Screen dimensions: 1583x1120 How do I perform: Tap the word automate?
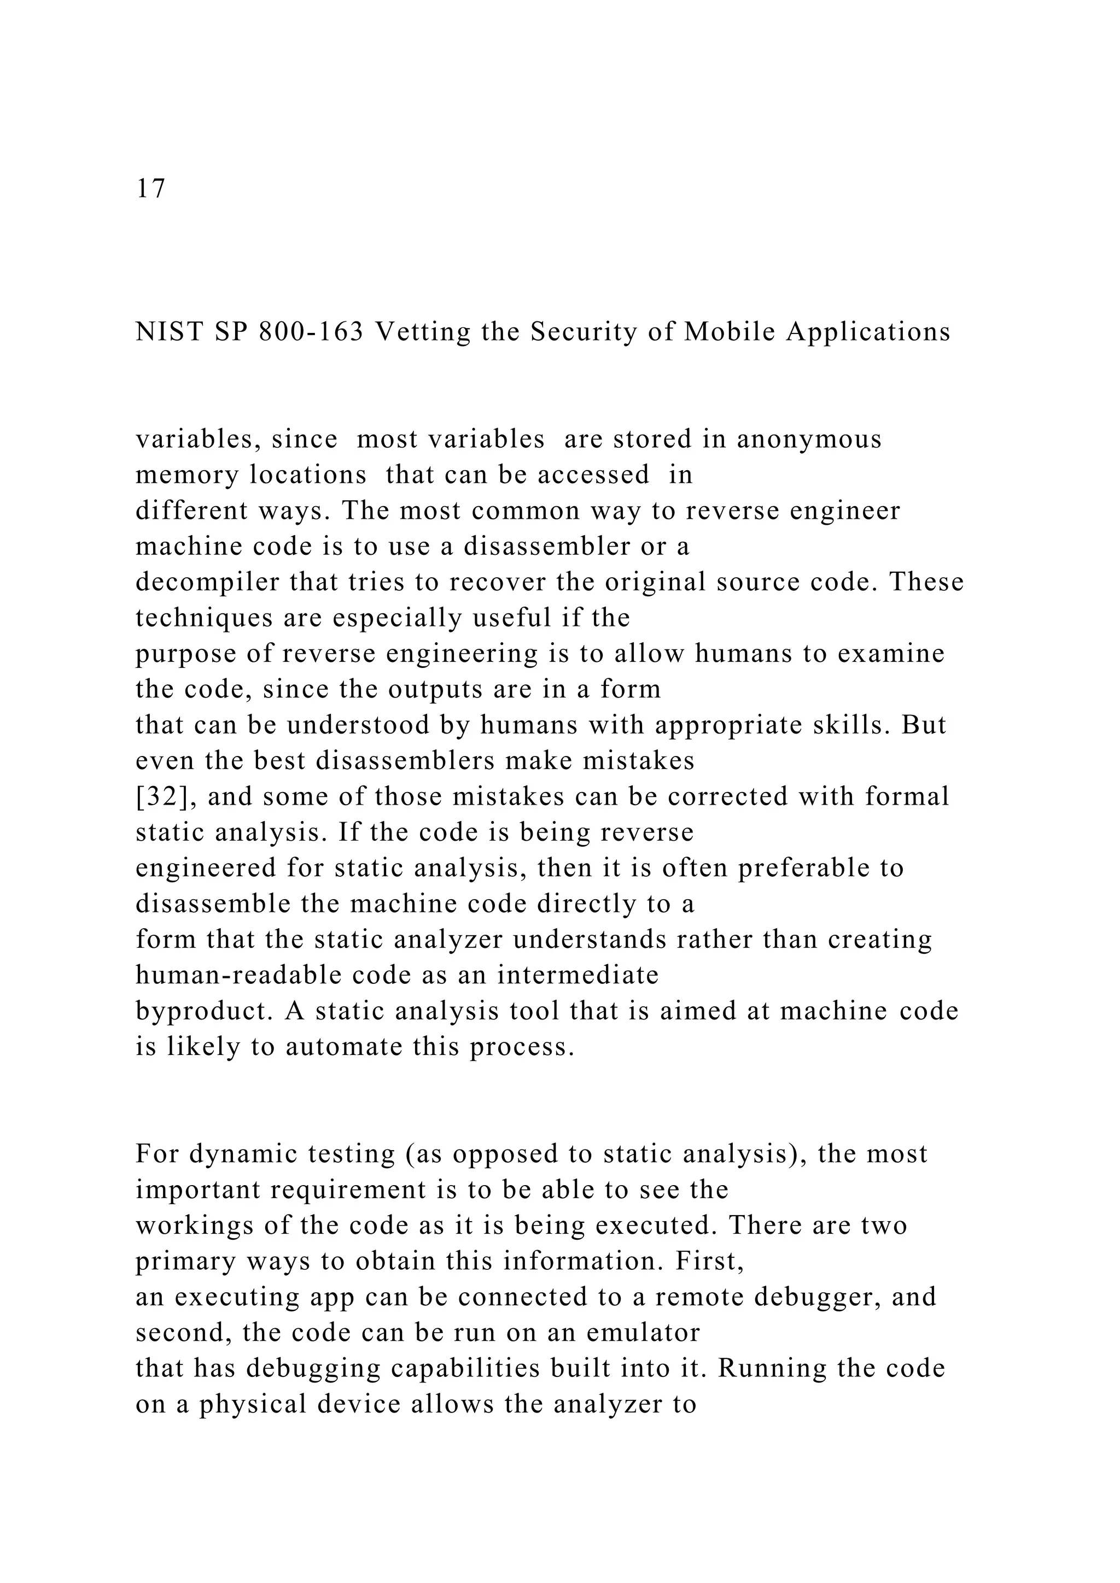343,1047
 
